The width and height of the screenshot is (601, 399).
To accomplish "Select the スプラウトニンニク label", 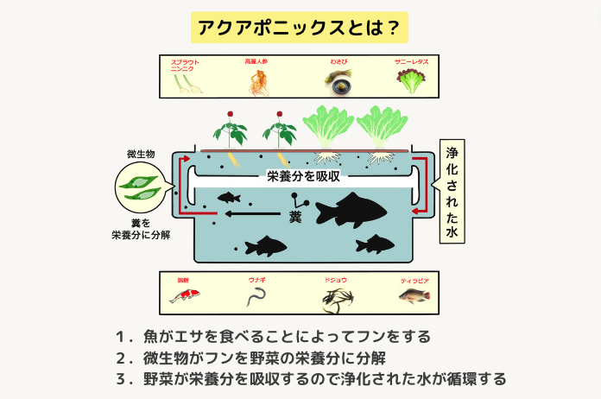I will click(x=186, y=66).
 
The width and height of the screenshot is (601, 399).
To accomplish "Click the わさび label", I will click(x=338, y=62).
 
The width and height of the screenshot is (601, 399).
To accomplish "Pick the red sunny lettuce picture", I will click(x=411, y=81).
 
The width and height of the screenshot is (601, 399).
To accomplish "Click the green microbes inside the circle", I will click(x=141, y=187).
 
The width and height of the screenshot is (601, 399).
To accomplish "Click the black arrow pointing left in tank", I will click(x=251, y=214).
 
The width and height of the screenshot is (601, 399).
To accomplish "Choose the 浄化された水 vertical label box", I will click(x=452, y=191).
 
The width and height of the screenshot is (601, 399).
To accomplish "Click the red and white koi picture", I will click(x=181, y=296).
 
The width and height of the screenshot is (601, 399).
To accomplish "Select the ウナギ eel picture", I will click(x=256, y=298).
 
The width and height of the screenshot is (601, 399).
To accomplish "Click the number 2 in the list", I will click(x=119, y=357).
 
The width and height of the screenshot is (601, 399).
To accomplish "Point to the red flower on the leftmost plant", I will click(x=231, y=115).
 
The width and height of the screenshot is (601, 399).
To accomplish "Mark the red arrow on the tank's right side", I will click(x=419, y=186).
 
